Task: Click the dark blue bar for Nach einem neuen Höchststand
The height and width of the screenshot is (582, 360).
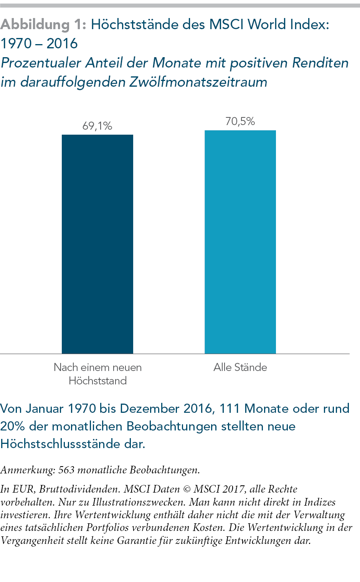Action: coord(97,244)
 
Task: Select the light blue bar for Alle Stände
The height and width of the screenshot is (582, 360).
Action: coord(240,242)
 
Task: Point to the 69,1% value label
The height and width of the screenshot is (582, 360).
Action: coord(97,126)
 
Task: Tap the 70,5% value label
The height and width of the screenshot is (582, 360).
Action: coord(240,121)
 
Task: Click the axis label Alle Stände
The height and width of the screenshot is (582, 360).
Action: coord(240,367)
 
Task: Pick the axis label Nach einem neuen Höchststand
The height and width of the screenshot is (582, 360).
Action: coord(97,374)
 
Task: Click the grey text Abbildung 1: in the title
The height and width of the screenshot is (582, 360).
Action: coord(43,25)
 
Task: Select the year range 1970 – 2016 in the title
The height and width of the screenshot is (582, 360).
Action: coord(39,44)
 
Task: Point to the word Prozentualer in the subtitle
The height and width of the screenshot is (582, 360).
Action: coord(41,63)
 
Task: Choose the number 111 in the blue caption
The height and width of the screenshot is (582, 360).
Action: coord(230,408)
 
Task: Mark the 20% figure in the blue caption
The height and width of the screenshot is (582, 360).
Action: coord(13,426)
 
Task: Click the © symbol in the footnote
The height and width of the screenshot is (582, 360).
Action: coord(187,489)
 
